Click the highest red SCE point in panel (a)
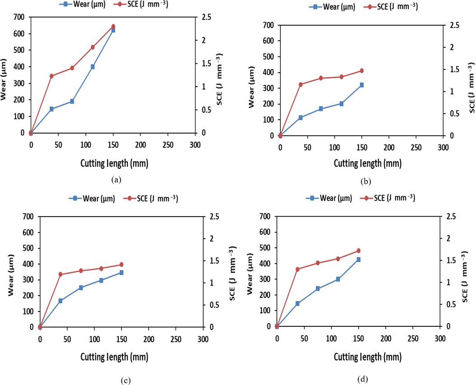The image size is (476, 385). pyautogui.click(x=113, y=27)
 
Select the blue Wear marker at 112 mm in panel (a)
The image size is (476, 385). pyautogui.click(x=93, y=66)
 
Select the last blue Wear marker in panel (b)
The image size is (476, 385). pyautogui.click(x=362, y=85)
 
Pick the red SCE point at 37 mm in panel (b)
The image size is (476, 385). pyautogui.click(x=300, y=84)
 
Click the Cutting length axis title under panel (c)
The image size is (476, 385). pyautogui.click(x=114, y=357)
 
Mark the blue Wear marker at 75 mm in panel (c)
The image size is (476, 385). pyautogui.click(x=81, y=288)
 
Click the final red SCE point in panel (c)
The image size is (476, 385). pyautogui.click(x=121, y=264)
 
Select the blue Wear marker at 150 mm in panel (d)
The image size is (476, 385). pyautogui.click(x=358, y=260)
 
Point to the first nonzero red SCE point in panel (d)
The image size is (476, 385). pyautogui.click(x=297, y=269)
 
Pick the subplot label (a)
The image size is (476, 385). pyautogui.click(x=116, y=180)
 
